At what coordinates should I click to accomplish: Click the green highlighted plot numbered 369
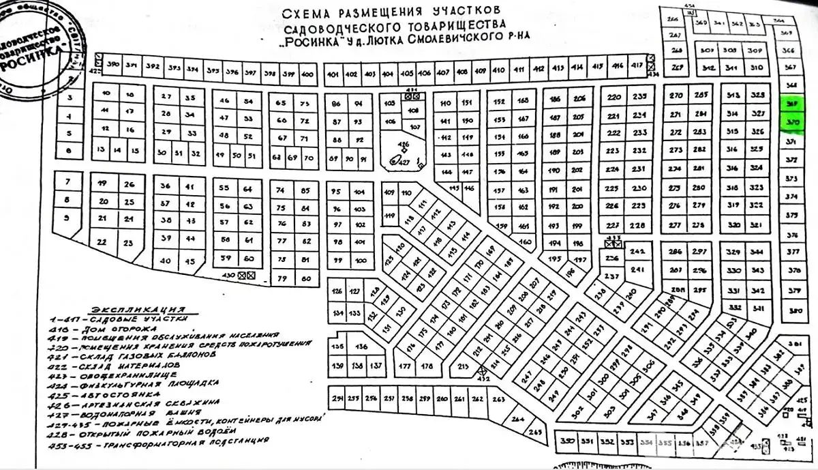[791, 103]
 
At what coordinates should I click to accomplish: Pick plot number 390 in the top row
[115, 65]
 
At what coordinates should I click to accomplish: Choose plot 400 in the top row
[307, 73]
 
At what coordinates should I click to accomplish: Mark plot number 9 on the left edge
[67, 218]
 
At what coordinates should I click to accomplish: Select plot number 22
[103, 242]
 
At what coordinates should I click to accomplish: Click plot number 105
[390, 103]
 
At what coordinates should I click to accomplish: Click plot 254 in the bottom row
[337, 398]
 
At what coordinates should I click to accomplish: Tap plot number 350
[568, 441]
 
